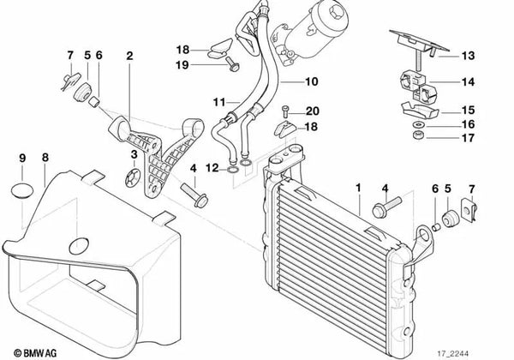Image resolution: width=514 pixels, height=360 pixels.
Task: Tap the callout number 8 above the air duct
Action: (45, 158)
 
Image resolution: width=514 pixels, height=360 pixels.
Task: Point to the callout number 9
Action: (23, 158)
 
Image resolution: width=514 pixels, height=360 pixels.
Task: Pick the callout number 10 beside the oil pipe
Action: (310, 82)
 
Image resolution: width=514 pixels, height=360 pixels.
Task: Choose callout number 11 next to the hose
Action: (218, 101)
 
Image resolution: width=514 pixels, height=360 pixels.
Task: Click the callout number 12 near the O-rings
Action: (218, 167)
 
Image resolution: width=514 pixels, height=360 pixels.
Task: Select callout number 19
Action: (183, 65)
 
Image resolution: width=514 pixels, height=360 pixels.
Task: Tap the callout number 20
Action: (311, 111)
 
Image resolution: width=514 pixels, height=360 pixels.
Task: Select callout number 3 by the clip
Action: (134, 154)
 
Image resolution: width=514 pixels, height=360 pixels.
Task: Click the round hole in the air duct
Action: (81, 244)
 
